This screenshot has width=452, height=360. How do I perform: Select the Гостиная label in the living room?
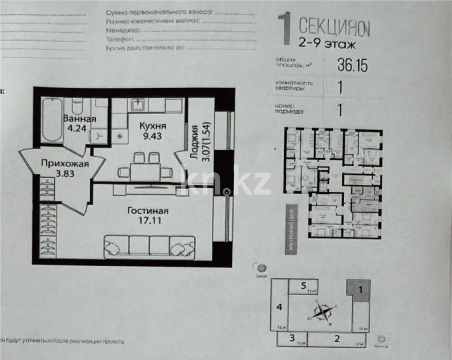(148, 211)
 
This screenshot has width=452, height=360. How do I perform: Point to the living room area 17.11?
(148, 220)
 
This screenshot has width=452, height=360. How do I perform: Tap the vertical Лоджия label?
(195, 142)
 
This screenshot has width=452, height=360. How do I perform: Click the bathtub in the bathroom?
(52, 120)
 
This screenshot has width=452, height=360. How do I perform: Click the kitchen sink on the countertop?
(139, 105)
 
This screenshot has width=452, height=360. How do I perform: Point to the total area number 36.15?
(352, 65)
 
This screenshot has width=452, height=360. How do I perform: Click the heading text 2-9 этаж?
(327, 44)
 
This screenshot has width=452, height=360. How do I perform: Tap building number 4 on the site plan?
(280, 307)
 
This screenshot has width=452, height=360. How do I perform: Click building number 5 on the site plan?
(303, 286)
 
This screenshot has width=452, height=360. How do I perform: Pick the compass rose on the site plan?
(323, 312)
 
